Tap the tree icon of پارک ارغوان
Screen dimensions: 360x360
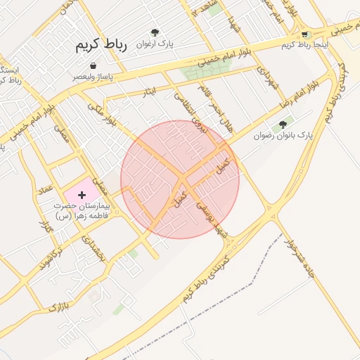(x=155, y=32)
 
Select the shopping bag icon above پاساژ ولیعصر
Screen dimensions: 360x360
(x=94, y=65)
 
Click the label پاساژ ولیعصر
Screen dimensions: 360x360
(x=93, y=76)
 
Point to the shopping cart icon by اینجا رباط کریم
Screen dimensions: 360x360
(x=304, y=34)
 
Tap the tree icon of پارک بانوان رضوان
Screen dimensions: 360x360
(x=283, y=124)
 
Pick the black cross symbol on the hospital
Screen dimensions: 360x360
(x=82, y=193)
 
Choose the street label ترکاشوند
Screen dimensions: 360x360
(x=49, y=260)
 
